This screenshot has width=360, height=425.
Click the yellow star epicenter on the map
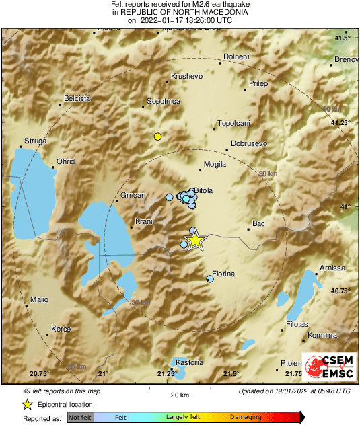[x=194, y=240]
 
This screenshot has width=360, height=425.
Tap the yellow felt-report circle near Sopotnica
[x=157, y=137]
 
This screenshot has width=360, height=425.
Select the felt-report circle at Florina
[x=210, y=278]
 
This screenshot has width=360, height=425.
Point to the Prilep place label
[x=258, y=83]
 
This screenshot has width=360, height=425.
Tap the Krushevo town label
[x=187, y=77]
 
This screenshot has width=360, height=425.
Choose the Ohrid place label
[x=65, y=161]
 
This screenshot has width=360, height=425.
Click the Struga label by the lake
[x=35, y=141]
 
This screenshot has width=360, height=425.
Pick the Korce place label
[x=61, y=330]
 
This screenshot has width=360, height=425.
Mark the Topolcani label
[x=233, y=124]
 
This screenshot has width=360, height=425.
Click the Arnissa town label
[x=332, y=268]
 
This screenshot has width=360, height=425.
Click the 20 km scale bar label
[x=178, y=395]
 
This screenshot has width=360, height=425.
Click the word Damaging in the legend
[x=246, y=418]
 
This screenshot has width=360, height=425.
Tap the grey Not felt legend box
[x=80, y=418]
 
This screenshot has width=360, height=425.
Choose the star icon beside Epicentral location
[x=27, y=404]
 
